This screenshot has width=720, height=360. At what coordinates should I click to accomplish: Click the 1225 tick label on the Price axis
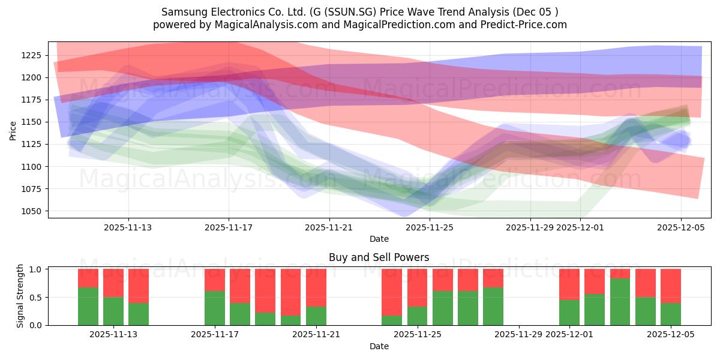[31, 55]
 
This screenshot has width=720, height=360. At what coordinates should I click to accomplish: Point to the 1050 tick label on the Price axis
[31, 211]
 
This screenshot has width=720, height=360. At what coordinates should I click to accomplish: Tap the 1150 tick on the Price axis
[31, 122]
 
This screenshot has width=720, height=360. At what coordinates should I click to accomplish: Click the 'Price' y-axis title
[13, 130]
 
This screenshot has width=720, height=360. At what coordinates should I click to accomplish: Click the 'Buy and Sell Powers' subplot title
[379, 257]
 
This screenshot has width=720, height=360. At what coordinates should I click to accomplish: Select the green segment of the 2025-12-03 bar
[620, 302]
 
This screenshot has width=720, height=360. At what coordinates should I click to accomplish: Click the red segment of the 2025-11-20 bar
[291, 284]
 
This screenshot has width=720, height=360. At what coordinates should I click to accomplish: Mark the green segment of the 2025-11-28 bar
[493, 306]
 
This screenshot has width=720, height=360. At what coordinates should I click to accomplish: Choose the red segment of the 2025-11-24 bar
[392, 292]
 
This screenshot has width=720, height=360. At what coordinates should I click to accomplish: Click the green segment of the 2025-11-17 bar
[215, 308]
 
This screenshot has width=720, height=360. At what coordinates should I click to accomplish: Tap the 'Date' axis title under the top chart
[379, 239]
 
